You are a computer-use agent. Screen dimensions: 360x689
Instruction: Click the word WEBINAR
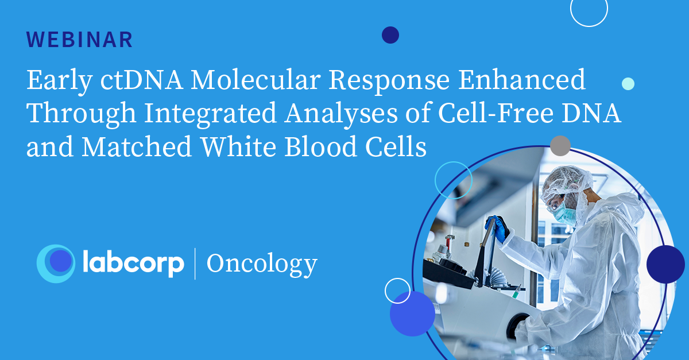(80, 40)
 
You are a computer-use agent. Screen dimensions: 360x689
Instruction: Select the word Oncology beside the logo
(261, 264)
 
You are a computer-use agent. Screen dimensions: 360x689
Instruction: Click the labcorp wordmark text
(133, 264)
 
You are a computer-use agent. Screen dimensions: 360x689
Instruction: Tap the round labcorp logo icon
(56, 264)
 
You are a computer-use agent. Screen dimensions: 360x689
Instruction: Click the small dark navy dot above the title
(390, 35)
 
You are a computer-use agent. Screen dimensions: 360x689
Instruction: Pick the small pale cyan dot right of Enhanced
(628, 84)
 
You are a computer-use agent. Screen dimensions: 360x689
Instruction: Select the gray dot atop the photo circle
(560, 145)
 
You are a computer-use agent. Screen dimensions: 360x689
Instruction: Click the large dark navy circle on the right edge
(665, 264)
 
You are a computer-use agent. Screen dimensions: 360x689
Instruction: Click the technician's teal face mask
(565, 213)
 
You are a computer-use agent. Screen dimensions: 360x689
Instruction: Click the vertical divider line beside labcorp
(195, 264)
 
